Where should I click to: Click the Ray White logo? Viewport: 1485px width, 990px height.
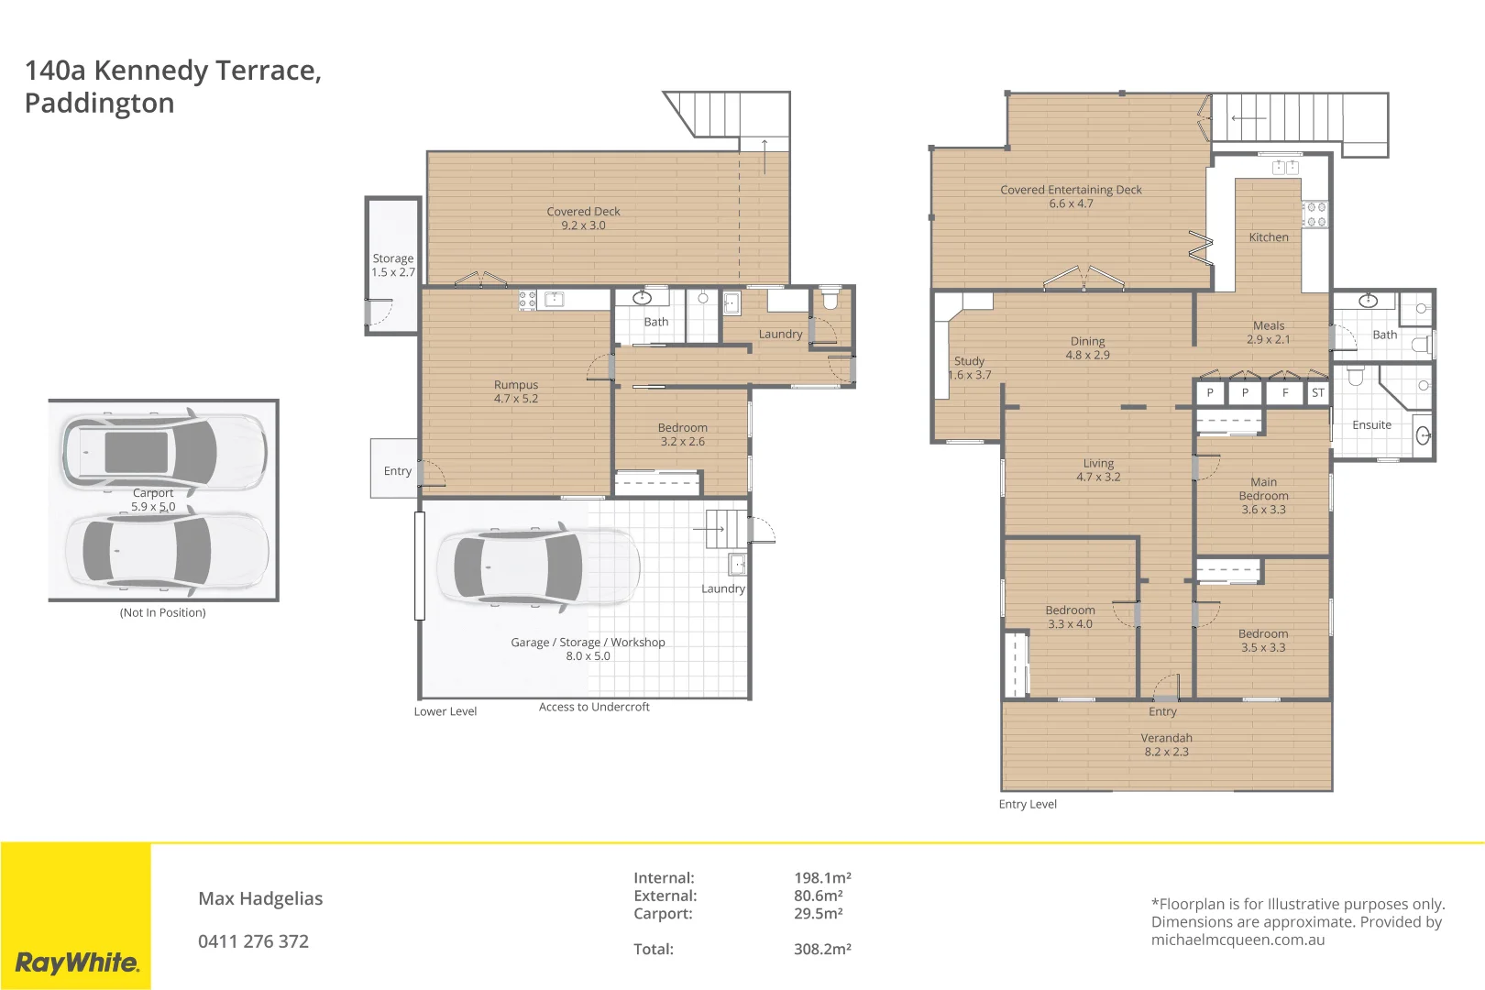77,962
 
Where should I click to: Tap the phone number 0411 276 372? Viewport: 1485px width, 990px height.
253,941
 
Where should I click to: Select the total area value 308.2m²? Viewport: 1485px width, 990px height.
822,949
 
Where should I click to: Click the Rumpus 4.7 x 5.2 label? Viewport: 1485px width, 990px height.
516,391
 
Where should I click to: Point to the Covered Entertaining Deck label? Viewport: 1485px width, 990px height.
1071,196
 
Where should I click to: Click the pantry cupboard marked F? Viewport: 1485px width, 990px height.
1284,392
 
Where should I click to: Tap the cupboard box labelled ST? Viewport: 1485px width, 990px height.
1317,392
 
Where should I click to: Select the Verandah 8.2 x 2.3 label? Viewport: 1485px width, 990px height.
1166,744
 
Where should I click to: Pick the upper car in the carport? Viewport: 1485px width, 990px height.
163,451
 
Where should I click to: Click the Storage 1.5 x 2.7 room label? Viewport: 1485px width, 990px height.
392,265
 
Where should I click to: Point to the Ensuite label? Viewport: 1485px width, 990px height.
1371,424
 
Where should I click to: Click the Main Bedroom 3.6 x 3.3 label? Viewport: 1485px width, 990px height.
1263,495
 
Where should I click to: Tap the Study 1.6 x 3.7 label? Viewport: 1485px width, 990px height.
969,368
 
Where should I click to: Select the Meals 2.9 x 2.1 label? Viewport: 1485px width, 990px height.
1268,332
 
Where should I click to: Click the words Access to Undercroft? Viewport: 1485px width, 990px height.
594,707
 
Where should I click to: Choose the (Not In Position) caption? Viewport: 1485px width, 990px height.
162,612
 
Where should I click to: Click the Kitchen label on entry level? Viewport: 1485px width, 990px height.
1268,236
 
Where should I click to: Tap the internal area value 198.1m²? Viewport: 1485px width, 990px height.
822,877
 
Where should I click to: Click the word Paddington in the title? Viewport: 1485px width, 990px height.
99,103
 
